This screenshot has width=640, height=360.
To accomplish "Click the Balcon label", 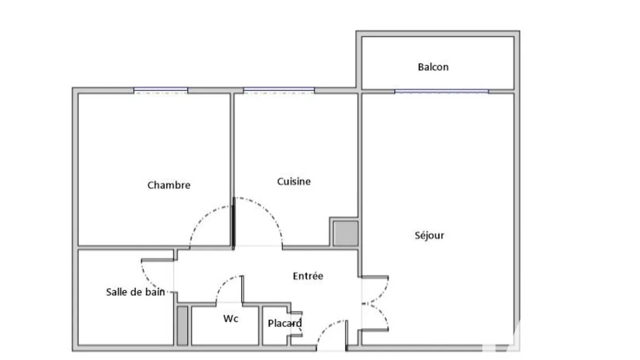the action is click(433, 67).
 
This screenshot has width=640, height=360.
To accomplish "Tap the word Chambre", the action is click(169, 185).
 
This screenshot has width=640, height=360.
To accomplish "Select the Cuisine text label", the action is click(294, 181).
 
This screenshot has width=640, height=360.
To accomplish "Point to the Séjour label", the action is click(429, 235).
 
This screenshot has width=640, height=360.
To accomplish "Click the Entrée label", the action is click(308, 276).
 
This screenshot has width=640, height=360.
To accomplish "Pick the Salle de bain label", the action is click(135, 292).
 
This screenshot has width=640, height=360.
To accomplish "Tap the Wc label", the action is click(230, 318).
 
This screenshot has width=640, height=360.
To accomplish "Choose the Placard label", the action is click(285, 323).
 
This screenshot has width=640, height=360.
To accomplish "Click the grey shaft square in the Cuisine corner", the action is click(346, 233).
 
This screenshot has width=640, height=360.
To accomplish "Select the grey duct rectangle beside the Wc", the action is click(182, 326).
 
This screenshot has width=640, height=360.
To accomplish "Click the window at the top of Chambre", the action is click(161, 91).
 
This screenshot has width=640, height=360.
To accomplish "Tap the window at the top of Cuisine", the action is click(279, 91).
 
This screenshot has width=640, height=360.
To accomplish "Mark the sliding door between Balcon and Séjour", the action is click(442, 91).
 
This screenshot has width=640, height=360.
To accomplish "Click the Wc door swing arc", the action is click(223, 283).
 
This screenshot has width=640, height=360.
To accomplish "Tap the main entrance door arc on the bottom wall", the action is click(326, 328).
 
